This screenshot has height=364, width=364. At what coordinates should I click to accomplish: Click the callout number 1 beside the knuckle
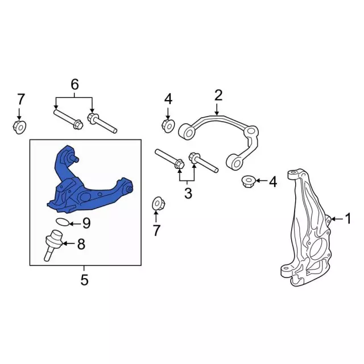click(348, 218)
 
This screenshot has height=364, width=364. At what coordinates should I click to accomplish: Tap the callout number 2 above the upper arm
click(218, 95)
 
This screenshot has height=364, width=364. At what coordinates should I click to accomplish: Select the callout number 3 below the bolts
click(188, 193)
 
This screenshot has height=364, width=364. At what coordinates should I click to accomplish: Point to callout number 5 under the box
click(85, 280)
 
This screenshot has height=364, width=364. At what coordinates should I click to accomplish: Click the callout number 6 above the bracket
click(75, 84)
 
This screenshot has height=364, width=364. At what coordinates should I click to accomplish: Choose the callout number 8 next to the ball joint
click(81, 244)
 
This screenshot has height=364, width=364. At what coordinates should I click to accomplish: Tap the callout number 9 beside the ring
click(86, 224)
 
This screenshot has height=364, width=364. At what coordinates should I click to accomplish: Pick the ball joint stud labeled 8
click(53, 246)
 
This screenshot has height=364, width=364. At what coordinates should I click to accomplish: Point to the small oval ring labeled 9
click(63, 222)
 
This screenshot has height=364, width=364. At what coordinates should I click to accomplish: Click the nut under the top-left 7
click(19, 127)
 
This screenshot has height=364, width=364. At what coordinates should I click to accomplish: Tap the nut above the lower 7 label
click(159, 204)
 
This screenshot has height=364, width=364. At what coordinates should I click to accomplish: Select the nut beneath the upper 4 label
click(168, 126)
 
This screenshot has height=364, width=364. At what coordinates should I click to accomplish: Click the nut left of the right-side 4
click(249, 181)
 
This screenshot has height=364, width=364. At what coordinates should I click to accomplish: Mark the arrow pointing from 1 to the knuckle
click(337, 218)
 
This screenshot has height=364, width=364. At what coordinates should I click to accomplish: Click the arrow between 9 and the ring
click(75, 224)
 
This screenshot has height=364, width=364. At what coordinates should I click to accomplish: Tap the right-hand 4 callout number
click(273, 182)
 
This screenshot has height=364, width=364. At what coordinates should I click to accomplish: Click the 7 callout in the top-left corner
click(21, 100)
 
